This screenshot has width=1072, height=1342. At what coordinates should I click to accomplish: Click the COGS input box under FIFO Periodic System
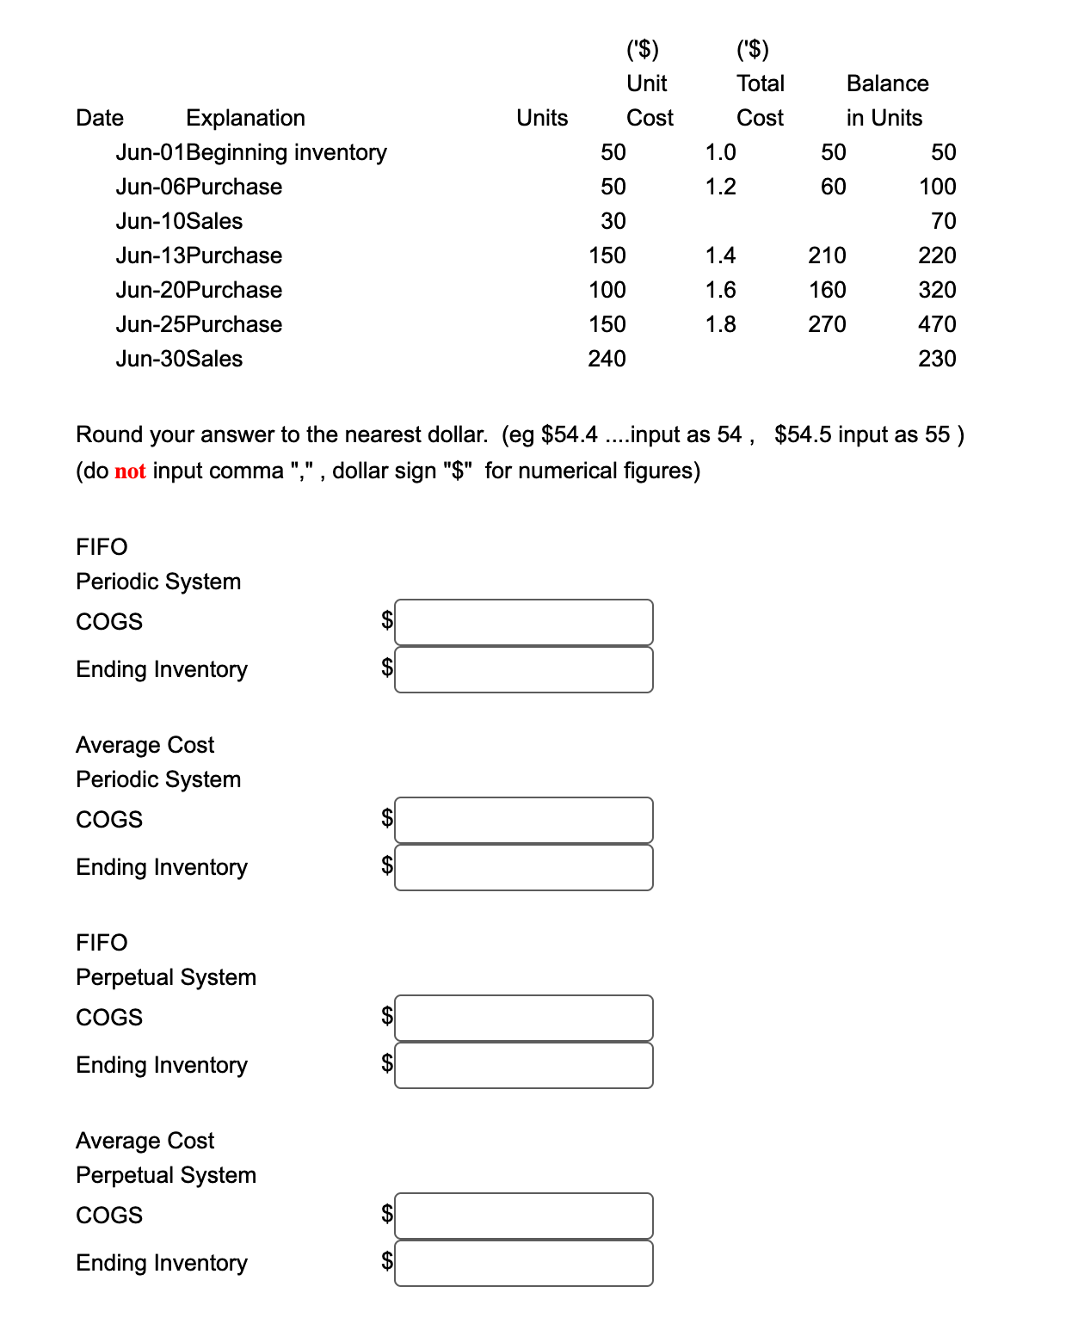tap(523, 622)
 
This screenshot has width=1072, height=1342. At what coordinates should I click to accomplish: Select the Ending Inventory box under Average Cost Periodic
tap(523, 867)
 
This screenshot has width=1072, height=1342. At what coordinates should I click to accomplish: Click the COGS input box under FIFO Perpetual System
tap(523, 1018)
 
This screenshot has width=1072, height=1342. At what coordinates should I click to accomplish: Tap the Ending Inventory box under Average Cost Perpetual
tap(523, 1263)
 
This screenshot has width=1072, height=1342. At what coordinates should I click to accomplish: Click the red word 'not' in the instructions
tap(130, 471)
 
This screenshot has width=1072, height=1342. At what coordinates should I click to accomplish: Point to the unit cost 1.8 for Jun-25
tap(720, 324)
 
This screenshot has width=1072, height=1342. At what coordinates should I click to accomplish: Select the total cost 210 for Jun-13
tap(827, 255)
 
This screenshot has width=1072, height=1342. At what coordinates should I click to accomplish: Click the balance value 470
tap(937, 324)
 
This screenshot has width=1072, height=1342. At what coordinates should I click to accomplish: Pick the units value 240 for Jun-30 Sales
tap(607, 359)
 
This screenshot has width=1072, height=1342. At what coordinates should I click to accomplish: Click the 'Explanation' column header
tap(245, 118)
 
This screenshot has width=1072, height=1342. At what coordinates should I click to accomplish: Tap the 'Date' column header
tap(100, 118)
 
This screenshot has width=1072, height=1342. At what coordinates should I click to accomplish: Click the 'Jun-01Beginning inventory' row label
tap(251, 152)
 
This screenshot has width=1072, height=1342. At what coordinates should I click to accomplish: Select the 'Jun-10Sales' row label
tap(179, 221)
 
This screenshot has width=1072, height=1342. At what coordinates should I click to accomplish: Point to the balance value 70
tap(943, 221)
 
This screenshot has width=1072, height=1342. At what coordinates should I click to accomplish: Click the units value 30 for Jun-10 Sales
tap(613, 221)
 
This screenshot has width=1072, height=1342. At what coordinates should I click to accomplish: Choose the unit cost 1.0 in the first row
tap(720, 152)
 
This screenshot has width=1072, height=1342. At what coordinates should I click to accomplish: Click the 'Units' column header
tap(542, 118)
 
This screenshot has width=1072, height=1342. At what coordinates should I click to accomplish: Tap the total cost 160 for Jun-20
tap(827, 290)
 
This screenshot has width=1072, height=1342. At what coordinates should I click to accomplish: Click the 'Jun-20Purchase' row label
tap(199, 290)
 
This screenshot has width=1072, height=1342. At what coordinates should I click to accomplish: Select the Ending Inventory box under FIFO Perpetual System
tap(523, 1065)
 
